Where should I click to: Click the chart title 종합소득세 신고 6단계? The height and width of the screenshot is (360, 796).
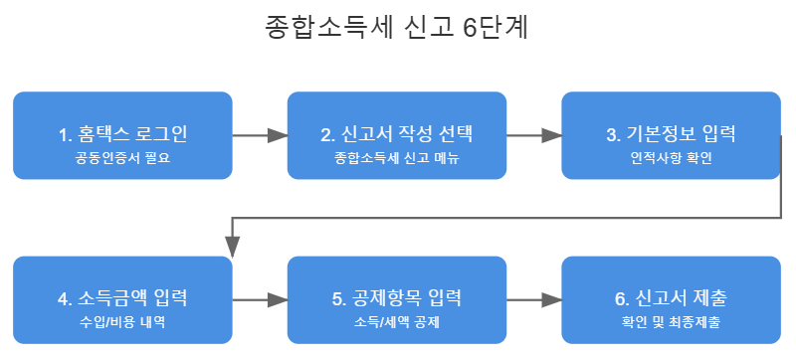[397, 28]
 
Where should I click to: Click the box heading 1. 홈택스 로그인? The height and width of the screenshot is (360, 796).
[122, 134]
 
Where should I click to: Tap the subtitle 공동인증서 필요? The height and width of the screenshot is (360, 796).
[122, 158]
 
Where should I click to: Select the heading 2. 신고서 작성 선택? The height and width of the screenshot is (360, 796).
[397, 134]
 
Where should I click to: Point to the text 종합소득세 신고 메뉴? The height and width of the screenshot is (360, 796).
[397, 158]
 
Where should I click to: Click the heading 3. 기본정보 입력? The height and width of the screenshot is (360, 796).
[671, 134]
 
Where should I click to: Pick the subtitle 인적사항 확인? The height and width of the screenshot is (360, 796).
[671, 158]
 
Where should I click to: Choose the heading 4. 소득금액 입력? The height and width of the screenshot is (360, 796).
[122, 298]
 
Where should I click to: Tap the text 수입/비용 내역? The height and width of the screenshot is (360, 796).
[122, 322]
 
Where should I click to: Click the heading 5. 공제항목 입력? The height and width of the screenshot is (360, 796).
[397, 298]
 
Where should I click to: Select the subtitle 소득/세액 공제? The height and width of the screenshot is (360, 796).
[397, 322]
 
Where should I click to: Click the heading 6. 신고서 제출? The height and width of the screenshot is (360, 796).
[671, 298]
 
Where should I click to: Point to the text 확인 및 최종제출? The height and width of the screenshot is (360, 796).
[671, 322]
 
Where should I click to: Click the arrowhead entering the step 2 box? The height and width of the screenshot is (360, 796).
[278, 135]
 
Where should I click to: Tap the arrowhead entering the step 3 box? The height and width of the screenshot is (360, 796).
[552, 135]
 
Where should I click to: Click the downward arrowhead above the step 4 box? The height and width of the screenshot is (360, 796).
[232, 248]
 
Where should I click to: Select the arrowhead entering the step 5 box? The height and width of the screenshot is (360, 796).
[278, 299]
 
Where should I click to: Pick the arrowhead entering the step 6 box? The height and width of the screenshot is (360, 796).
[552, 299]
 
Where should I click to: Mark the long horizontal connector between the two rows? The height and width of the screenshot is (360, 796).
[506, 218]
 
